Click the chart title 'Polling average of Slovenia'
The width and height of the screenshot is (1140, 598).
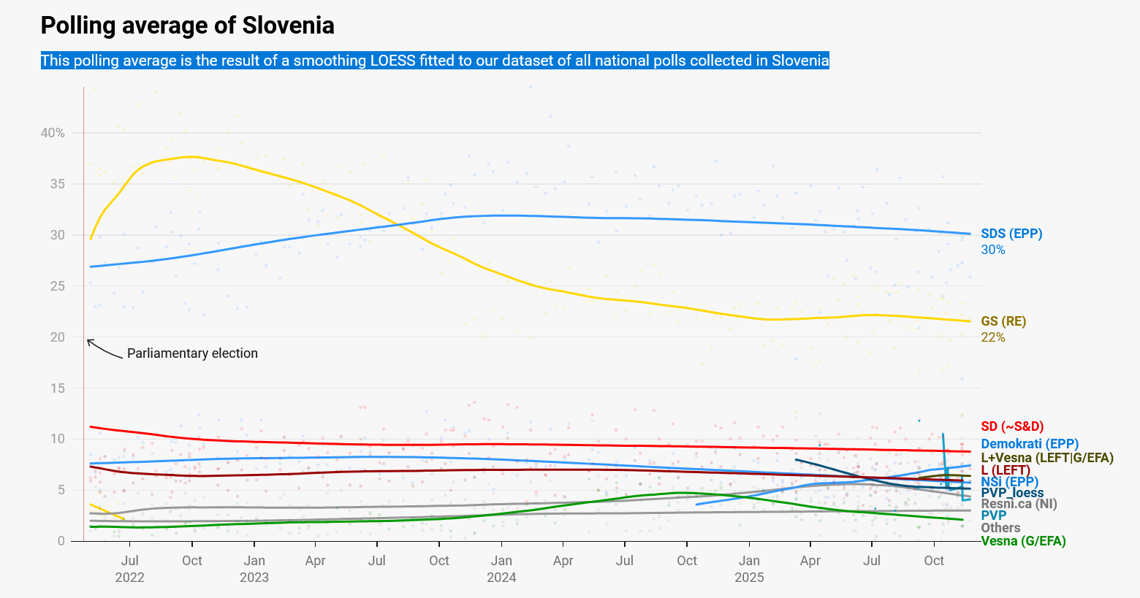pyautogui.click(x=187, y=26)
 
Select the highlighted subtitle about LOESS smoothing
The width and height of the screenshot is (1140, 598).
pyautogui.click(x=435, y=61)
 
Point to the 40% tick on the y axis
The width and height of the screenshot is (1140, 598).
pyautogui.click(x=53, y=133)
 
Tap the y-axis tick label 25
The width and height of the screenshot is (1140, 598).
pyautogui.click(x=57, y=286)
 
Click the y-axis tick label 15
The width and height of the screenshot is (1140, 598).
pyautogui.click(x=57, y=388)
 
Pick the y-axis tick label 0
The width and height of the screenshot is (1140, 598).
pyautogui.click(x=61, y=541)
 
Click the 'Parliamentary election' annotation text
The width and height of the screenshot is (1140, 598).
pyautogui.click(x=192, y=353)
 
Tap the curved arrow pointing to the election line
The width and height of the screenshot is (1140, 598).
pyautogui.click(x=104, y=350)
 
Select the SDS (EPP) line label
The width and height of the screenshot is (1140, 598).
pyautogui.click(x=1011, y=234)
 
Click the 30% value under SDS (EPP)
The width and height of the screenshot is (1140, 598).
pyautogui.click(x=993, y=250)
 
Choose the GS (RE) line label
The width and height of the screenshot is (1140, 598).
pyautogui.click(x=1003, y=321)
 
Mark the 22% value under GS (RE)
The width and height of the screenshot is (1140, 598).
pyautogui.click(x=993, y=337)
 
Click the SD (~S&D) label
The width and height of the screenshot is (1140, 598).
pyautogui.click(x=1012, y=426)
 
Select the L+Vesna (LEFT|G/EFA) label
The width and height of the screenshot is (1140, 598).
pyautogui.click(x=1046, y=458)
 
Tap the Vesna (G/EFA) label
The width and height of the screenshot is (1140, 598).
pyautogui.click(x=1023, y=541)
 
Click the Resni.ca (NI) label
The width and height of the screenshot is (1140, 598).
pyautogui.click(x=1019, y=504)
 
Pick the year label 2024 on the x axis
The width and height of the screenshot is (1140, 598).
pyautogui.click(x=501, y=578)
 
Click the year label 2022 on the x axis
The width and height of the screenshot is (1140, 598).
pyautogui.click(x=129, y=578)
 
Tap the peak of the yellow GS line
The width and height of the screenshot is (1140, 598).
pyautogui.click(x=191, y=156)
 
